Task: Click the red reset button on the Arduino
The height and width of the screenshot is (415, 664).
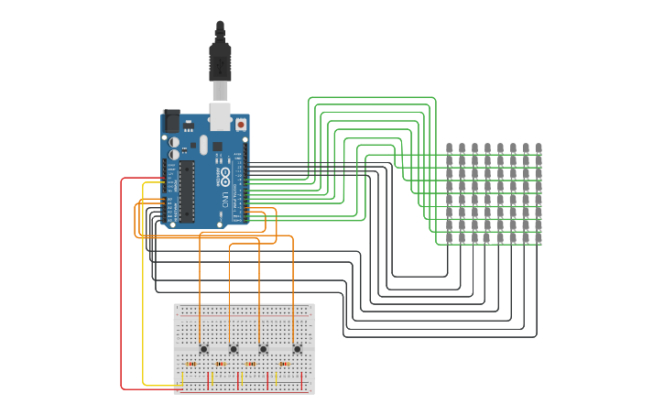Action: (x=241, y=124)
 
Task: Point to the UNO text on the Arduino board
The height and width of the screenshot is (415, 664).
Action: (x=225, y=200)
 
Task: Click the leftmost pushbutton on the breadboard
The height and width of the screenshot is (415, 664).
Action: (x=203, y=349)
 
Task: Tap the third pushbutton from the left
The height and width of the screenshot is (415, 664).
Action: (x=264, y=349)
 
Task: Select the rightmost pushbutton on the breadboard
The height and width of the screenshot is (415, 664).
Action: (x=297, y=349)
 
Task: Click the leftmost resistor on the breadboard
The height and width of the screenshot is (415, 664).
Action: (x=191, y=364)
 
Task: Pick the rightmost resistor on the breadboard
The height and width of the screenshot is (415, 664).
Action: (x=285, y=364)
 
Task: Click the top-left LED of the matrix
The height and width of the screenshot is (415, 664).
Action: (x=450, y=148)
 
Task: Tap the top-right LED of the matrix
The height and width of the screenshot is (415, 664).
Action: (x=539, y=148)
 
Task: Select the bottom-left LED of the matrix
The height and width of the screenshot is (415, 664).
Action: (x=450, y=238)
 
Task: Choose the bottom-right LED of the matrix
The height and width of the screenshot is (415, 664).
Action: (x=539, y=238)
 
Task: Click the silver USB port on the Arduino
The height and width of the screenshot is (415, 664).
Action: (x=220, y=116)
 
